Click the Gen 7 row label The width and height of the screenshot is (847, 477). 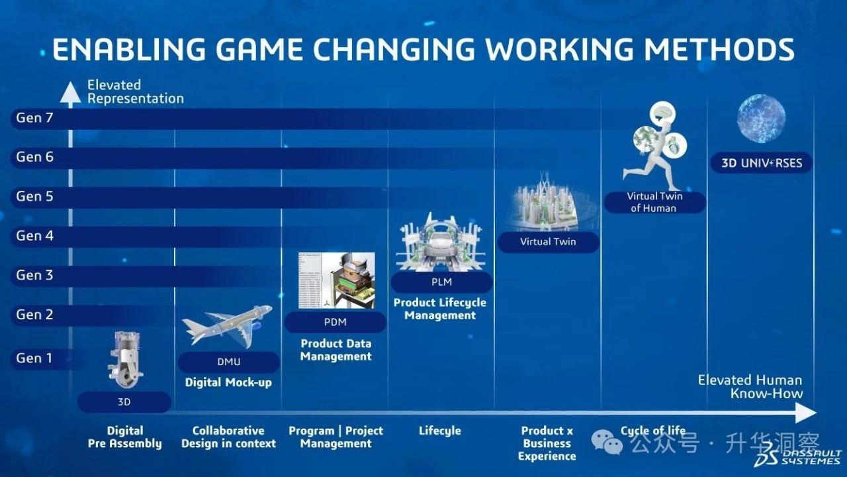tap(34, 118)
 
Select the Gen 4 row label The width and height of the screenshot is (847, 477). tap(35, 236)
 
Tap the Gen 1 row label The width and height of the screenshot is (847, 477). tap(34, 358)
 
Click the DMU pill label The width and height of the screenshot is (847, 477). tap(229, 362)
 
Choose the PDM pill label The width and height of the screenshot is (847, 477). tap(335, 322)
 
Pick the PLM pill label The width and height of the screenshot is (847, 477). tap(441, 282)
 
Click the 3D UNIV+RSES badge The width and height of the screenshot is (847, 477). tap(762, 163)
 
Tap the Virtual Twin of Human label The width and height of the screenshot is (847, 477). tap(654, 202)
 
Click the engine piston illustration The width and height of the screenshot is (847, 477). tap(125, 360)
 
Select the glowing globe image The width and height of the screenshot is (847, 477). tap(761, 119)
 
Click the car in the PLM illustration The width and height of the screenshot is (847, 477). tap(441, 245)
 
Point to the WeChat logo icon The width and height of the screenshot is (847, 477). tap(607, 442)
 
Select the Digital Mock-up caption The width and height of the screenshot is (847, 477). tap(228, 382)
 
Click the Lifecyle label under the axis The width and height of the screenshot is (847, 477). tap(440, 431)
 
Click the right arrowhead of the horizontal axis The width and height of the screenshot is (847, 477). tap(806, 413)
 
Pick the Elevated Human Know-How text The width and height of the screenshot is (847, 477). tap(750, 386)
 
